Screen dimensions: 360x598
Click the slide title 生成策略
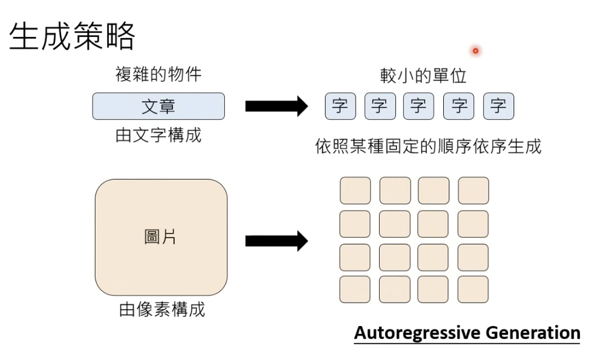pyautogui.click(x=72, y=37)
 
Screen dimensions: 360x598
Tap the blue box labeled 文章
pyautogui.click(x=158, y=106)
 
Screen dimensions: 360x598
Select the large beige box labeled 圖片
pyautogui.click(x=161, y=237)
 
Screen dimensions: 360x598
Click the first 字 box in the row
pyautogui.click(x=340, y=106)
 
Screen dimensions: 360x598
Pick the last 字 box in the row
pyautogui.click(x=498, y=106)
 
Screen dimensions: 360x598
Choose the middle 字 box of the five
pyautogui.click(x=418, y=106)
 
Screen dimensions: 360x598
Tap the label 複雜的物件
pyautogui.click(x=158, y=74)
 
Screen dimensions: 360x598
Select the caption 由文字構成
pyautogui.click(x=158, y=135)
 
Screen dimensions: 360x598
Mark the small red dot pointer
pyautogui.click(x=475, y=51)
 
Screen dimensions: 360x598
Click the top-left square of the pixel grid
pyautogui.click(x=355, y=191)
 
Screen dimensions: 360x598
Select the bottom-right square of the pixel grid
pyautogui.click(x=473, y=289)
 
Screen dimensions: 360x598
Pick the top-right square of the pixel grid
pyautogui.click(x=473, y=191)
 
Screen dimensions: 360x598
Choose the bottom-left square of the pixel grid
pyautogui.click(x=355, y=289)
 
